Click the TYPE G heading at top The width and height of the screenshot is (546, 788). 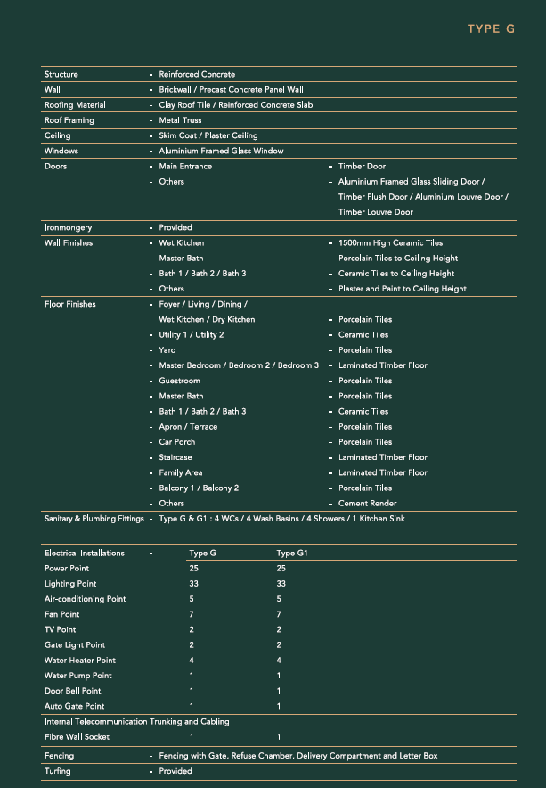(491, 29)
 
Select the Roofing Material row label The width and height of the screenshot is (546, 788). (75, 105)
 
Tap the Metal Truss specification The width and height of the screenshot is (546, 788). (180, 120)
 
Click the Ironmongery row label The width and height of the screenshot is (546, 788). (68, 227)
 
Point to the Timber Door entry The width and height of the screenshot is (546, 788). (362, 166)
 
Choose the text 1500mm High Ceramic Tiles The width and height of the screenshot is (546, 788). (391, 242)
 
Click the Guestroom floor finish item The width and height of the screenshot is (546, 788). (179, 381)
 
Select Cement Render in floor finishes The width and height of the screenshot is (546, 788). (367, 504)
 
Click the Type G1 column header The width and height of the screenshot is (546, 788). (291, 554)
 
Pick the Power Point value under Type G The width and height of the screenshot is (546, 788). (193, 569)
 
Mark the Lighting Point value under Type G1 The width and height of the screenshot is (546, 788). (281, 584)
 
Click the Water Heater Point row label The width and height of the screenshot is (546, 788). (80, 661)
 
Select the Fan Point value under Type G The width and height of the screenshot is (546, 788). (192, 614)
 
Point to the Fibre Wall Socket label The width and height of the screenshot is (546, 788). (77, 737)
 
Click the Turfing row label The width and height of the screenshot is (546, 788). (57, 771)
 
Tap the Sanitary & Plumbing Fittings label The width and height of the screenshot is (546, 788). (94, 519)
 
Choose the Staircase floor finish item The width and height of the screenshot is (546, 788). (175, 457)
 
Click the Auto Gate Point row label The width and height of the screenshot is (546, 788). (74, 707)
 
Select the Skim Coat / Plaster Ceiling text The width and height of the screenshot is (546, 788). (208, 135)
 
